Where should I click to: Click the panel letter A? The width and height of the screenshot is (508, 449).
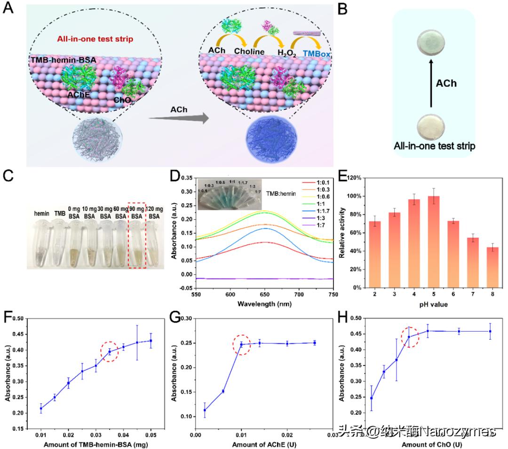tap(8, 9)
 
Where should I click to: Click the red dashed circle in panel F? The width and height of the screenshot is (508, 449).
tap(110, 351)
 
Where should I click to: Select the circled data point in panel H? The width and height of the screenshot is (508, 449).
tap(409, 337)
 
